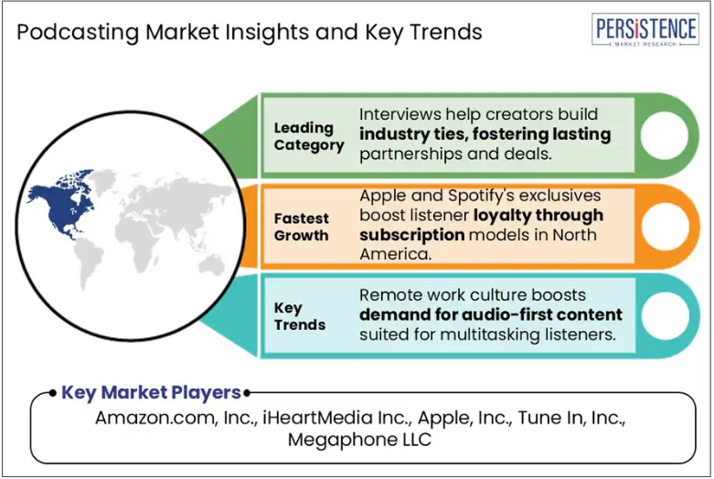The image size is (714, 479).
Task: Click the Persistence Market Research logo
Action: (x=645, y=30)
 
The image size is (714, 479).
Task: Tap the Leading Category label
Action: (x=309, y=136)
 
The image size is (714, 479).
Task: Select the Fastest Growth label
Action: (x=301, y=227)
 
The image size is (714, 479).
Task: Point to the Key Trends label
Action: (x=300, y=316)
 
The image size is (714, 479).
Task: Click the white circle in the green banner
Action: (x=664, y=135)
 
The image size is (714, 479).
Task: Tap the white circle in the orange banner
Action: (x=665, y=227)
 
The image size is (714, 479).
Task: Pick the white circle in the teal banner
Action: (x=666, y=316)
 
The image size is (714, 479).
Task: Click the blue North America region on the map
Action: (x=61, y=205)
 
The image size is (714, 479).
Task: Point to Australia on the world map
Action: (x=212, y=265)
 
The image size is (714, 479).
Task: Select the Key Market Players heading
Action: (x=151, y=392)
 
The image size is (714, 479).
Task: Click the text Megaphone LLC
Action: (x=359, y=440)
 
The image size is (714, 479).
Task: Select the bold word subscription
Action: (x=412, y=236)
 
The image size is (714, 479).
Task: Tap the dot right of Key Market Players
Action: (x=247, y=392)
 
